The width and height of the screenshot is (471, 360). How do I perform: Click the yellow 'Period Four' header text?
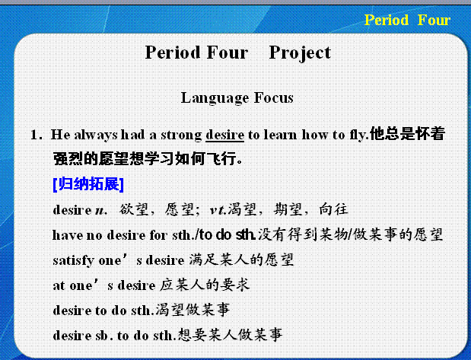(407, 21)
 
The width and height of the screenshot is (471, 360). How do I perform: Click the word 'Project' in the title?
(300, 53)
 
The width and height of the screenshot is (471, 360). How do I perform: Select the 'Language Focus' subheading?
(237, 98)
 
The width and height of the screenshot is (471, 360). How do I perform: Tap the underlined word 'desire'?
(224, 135)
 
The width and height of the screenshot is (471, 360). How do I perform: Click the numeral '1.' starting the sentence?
(37, 135)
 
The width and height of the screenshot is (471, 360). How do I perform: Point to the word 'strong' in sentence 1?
(181, 135)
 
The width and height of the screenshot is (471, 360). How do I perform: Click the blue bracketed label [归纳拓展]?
(88, 184)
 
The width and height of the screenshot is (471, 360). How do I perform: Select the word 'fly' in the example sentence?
(358, 135)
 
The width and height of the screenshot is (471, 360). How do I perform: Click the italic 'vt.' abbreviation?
(218, 210)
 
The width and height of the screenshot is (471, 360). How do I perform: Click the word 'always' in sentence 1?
(96, 135)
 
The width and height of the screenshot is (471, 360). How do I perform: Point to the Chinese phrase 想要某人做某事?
(230, 335)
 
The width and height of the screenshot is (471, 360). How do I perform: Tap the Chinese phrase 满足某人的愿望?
(241, 260)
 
